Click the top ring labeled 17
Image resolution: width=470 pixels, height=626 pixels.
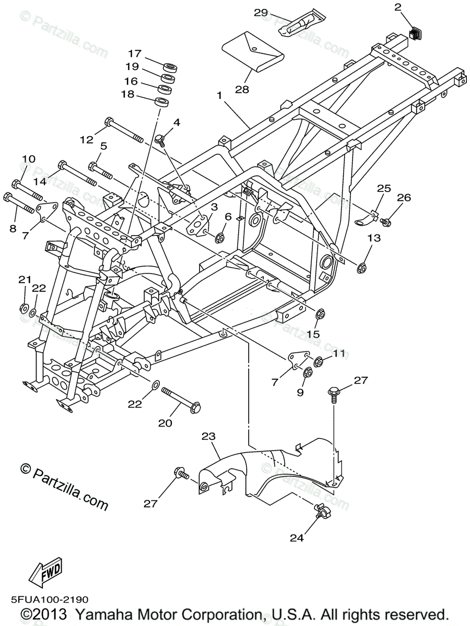(170, 67)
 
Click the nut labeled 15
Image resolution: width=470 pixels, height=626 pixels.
(321, 314)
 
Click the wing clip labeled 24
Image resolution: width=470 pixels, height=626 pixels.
(320, 511)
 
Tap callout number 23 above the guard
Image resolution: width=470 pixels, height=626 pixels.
(208, 436)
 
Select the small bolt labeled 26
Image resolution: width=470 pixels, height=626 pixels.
(385, 222)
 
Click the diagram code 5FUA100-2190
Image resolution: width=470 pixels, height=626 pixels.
(48, 600)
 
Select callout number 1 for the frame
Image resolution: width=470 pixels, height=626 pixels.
(220, 95)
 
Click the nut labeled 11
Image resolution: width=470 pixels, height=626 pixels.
(318, 360)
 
